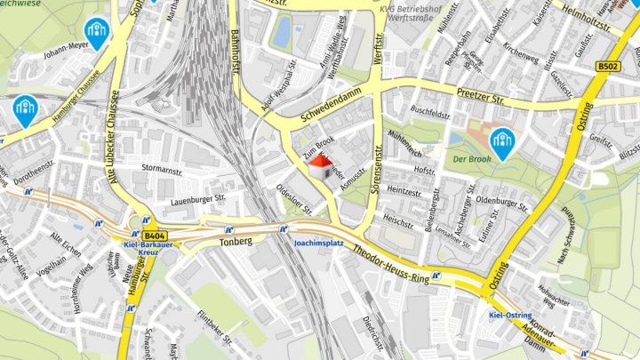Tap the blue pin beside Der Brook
pyautogui.click(x=504, y=142)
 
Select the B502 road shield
pyautogui.click(x=608, y=67)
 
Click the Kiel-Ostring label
pyautogui.click(x=510, y=316)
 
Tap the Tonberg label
pyautogui.click(x=236, y=241)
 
